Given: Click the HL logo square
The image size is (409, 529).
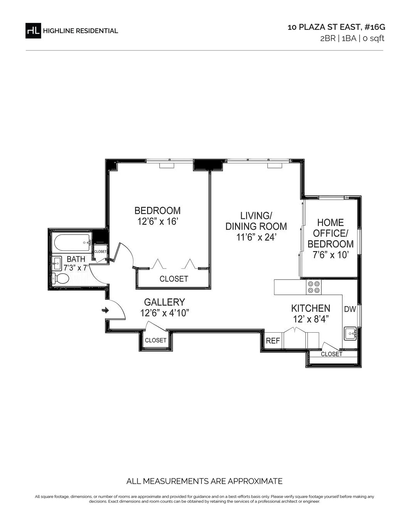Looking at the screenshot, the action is [x=33, y=31].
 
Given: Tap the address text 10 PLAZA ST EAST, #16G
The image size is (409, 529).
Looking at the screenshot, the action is [x=336, y=27].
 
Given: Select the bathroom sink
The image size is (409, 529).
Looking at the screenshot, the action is [x=57, y=263].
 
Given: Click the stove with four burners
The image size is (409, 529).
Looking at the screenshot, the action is [x=314, y=287].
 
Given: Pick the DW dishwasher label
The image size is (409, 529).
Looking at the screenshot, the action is [x=350, y=309].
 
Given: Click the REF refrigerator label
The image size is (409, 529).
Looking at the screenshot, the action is [x=273, y=341].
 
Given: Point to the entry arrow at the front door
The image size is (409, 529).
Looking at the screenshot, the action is [x=105, y=310].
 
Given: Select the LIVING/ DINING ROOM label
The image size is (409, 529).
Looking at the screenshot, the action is [x=256, y=226].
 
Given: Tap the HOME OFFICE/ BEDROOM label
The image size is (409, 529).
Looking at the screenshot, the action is [x=330, y=239].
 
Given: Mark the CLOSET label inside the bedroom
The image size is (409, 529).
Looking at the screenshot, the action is [x=174, y=279].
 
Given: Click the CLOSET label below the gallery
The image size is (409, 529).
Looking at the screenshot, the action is [x=156, y=340].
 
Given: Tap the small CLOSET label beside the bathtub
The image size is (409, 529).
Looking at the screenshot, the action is [x=100, y=252].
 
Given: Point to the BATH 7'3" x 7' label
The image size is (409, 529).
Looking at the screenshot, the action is [x=76, y=263].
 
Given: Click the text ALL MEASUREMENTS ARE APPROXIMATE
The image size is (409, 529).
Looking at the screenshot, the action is [x=204, y=481].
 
